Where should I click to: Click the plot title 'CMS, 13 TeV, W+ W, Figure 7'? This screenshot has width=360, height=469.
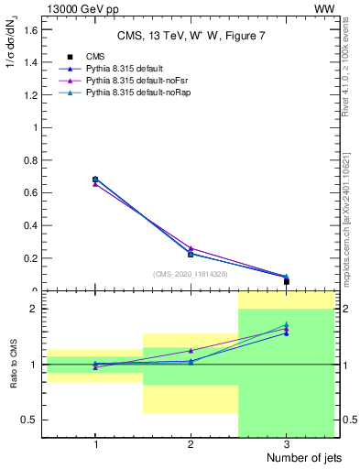point(190,37)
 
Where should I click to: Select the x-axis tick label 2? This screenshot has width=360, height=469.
point(191,444)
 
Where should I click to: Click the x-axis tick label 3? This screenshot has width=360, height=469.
point(287,444)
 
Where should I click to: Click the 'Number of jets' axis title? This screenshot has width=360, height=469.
point(294,458)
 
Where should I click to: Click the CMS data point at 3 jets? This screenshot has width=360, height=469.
point(287,281)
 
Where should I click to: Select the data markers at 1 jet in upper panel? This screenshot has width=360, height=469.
point(95,180)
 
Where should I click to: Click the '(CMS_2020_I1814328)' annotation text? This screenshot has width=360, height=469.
point(191,274)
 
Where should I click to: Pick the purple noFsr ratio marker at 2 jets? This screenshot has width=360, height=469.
point(191,351)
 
